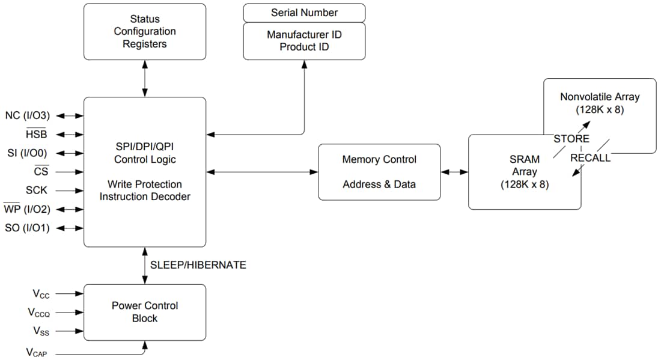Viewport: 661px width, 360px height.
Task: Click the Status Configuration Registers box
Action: tap(144, 32)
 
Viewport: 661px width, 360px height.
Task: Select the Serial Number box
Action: tap(304, 13)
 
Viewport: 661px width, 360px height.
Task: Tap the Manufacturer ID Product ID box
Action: tap(304, 41)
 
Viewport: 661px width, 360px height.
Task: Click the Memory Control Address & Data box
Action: tap(379, 172)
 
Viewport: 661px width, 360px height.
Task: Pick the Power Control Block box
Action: tap(144, 312)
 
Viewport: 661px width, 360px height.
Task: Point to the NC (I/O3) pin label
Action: tap(27, 115)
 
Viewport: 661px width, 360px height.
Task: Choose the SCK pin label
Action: tap(37, 190)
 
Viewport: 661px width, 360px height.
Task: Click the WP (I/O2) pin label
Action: tap(27, 209)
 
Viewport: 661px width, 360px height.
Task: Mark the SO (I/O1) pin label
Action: tap(27, 228)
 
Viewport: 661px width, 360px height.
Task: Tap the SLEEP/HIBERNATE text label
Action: tap(198, 265)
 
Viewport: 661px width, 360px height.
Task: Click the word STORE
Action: tap(571, 139)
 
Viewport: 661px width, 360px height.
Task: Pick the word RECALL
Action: tap(590, 158)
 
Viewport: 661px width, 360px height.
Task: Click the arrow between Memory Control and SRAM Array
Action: tap(454, 172)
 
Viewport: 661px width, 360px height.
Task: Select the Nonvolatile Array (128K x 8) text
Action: tap(600, 103)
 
